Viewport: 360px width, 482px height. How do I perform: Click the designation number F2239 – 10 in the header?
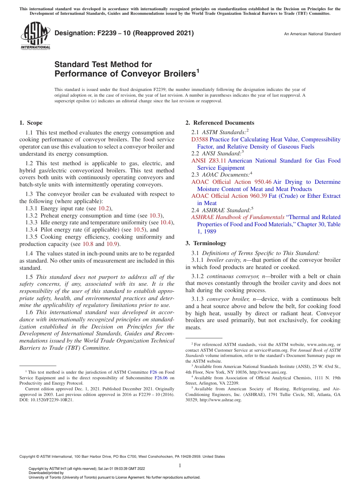(124, 33)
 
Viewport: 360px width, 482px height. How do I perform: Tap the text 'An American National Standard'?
(312, 34)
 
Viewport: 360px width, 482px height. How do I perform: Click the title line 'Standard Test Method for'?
(103, 64)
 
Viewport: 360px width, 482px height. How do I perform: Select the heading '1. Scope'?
(31, 123)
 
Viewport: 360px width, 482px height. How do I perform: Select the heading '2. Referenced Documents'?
(220, 123)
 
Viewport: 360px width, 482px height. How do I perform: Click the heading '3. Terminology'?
(206, 243)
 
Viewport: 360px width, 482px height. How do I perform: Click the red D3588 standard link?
(200, 139)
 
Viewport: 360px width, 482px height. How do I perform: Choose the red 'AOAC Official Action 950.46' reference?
(231, 182)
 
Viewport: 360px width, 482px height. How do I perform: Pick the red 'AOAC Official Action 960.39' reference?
(229, 196)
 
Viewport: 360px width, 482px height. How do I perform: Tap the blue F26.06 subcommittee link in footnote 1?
(161, 378)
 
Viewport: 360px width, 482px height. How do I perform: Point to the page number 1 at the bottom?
(180, 465)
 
